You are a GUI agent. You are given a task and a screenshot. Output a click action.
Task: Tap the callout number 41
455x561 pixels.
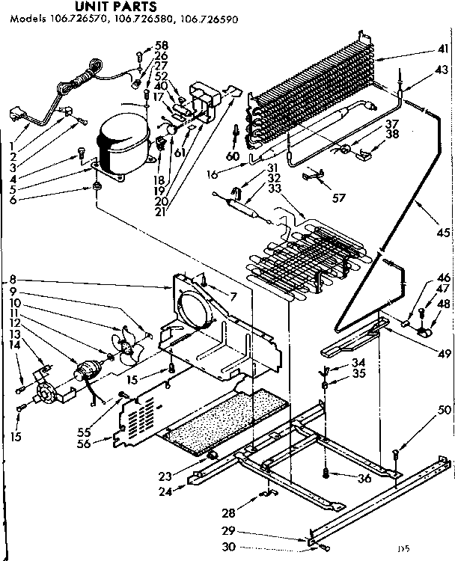pos(443,49)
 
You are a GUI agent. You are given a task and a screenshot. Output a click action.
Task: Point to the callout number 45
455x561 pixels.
pos(444,233)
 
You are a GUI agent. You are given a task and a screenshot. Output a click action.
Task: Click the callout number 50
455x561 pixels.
pos(445,409)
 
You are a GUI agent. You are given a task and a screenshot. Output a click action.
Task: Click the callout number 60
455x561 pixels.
pos(233,156)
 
